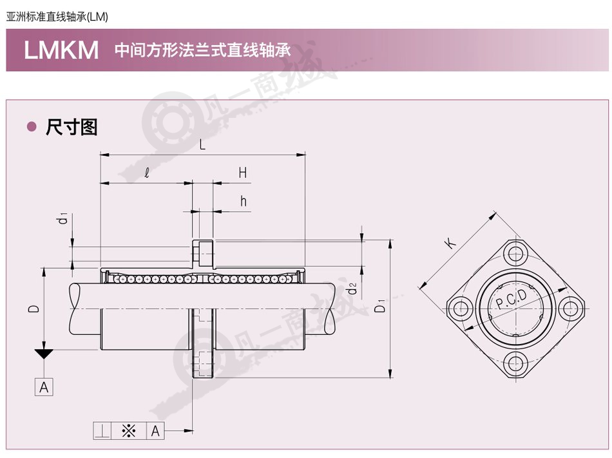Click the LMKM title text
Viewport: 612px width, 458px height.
(x=61, y=50)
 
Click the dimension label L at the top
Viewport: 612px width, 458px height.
(x=202, y=145)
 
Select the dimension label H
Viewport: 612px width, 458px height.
(x=243, y=173)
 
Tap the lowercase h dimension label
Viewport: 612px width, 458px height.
(x=243, y=201)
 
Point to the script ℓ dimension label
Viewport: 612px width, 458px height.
(x=147, y=173)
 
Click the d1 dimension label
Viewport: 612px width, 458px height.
(x=62, y=218)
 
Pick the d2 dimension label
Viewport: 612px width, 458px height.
(x=352, y=289)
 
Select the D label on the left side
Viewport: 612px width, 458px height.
(x=34, y=308)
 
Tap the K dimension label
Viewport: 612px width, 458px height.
(x=450, y=242)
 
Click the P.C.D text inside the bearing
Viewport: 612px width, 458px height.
(x=511, y=298)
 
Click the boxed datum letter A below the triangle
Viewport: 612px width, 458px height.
(x=44, y=387)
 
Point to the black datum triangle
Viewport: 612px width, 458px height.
(x=44, y=354)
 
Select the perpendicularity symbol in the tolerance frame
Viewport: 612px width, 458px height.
(x=102, y=431)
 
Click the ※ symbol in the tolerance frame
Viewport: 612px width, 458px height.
(x=128, y=431)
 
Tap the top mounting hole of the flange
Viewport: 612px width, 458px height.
(x=515, y=254)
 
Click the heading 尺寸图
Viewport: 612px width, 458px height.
(x=72, y=127)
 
